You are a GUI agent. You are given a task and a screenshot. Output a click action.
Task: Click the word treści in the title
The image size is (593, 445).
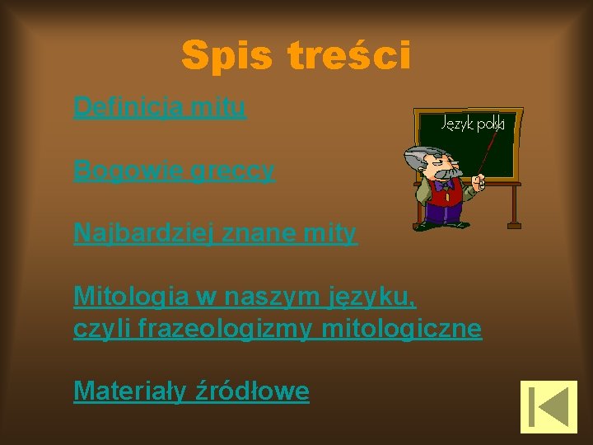pyautogui.click(x=348, y=56)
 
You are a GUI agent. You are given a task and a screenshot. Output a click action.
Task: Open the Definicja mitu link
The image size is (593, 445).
pyautogui.click(x=160, y=107)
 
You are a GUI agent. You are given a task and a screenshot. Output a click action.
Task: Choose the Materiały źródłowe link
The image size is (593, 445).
pyautogui.click(x=191, y=391)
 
